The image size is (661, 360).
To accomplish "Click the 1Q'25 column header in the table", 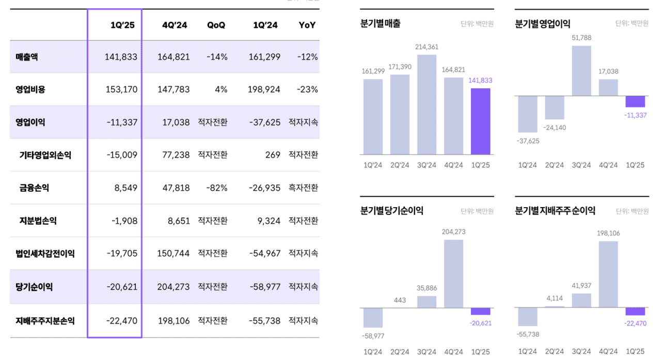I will click(122, 25).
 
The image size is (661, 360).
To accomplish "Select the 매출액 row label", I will click(27, 57).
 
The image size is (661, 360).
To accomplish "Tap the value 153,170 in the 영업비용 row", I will click(122, 89).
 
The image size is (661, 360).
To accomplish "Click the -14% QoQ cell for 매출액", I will click(217, 57).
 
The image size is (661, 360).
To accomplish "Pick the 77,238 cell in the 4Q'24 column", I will click(174, 155).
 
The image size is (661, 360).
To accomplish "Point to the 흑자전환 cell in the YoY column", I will click(303, 188).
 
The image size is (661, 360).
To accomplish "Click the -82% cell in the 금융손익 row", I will click(217, 188).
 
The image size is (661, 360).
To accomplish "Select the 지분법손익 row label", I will click(38, 221).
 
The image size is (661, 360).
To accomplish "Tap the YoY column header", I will click(307, 25).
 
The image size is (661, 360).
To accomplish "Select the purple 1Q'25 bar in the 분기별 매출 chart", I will click(480, 121).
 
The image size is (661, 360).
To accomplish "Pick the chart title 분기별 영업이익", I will click(543, 24).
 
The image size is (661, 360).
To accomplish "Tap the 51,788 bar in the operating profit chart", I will click(581, 71).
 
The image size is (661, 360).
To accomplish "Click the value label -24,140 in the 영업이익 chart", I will click(555, 128).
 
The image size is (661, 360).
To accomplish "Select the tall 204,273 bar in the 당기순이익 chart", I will click(453, 274).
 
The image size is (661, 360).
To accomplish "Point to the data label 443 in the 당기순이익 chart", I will click(400, 300).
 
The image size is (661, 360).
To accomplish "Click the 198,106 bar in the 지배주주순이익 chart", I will click(608, 274).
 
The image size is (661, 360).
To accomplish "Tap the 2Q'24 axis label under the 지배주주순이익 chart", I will click(555, 352).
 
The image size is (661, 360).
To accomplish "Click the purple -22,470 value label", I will click(635, 323).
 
